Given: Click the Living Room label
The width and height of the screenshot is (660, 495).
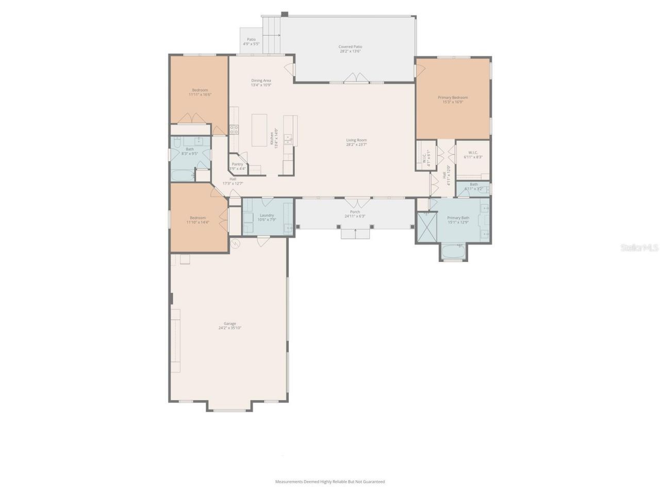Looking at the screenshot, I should pyautogui.click(x=356, y=140).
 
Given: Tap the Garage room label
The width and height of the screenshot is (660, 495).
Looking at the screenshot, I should pyautogui.click(x=229, y=324).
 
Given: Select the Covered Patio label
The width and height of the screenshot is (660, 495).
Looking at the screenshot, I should pyautogui.click(x=350, y=47).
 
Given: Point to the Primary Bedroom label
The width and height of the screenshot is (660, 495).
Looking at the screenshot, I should pyautogui.click(x=453, y=97).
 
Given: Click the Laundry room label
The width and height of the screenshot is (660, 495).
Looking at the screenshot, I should pyautogui.click(x=267, y=215).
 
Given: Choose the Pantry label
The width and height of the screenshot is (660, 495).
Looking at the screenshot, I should pyautogui.click(x=237, y=164).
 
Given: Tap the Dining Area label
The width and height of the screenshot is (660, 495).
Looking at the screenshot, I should pyautogui.click(x=261, y=80).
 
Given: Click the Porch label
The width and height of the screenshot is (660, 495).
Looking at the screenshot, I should pyautogui.click(x=355, y=212).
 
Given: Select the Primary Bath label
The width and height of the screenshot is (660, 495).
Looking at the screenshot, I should pyautogui.click(x=458, y=218).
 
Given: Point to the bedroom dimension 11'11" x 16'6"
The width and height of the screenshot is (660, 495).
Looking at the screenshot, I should pyautogui.click(x=200, y=94).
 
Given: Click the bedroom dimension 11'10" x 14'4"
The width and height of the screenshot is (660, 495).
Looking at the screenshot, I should pyautogui.click(x=197, y=222).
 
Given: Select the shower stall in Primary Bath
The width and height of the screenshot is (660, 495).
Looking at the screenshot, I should pyautogui.click(x=426, y=227).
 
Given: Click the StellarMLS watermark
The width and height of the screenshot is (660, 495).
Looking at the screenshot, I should pyautogui.click(x=639, y=248).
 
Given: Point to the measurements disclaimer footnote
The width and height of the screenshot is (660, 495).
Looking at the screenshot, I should pyautogui.click(x=330, y=482).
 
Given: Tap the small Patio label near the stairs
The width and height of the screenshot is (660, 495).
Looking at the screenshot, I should pyautogui.click(x=251, y=39).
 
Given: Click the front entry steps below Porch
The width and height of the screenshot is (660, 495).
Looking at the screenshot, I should pyautogui.click(x=355, y=235).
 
